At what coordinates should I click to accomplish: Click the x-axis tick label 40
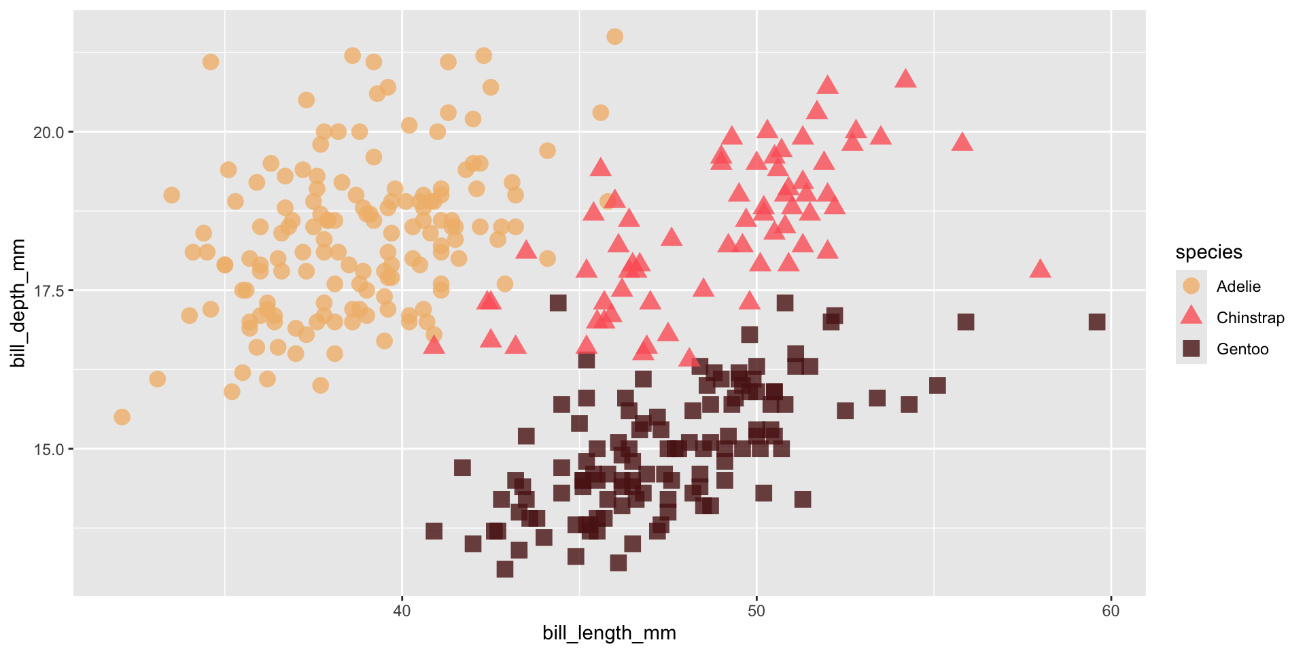[402, 611]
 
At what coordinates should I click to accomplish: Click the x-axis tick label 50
[756, 611]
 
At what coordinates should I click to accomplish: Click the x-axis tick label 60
[1111, 611]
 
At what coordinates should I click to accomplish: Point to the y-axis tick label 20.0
[48, 132]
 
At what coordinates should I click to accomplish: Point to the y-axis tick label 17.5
[48, 291]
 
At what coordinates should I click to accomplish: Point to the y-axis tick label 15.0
[48, 450]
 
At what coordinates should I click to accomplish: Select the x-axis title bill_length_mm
[609, 633]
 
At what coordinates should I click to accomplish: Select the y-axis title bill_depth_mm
[18, 303]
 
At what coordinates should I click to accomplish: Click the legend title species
[1208, 252]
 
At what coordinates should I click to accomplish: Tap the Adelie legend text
[1238, 286]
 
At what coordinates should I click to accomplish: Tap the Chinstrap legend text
[1250, 318]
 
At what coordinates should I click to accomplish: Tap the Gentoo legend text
[1242, 349]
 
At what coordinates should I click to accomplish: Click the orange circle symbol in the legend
[1191, 286]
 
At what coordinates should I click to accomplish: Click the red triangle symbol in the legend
[1191, 316]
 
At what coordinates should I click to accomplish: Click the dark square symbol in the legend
[1191, 349]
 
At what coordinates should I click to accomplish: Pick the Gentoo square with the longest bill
[1096, 322]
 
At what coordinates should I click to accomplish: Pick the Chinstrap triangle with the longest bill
[1040, 269]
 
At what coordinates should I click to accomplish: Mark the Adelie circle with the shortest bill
[122, 417]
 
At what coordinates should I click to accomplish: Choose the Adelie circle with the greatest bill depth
[614, 37]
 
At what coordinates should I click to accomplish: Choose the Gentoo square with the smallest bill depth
[504, 569]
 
